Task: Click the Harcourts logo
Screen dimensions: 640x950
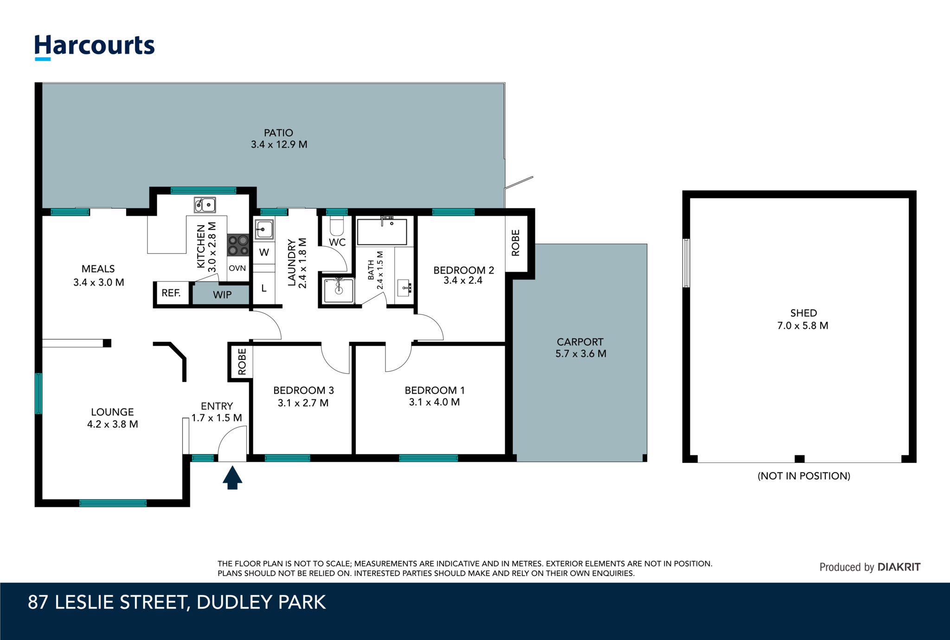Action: click(x=95, y=46)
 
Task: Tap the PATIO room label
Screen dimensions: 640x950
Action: click(x=278, y=133)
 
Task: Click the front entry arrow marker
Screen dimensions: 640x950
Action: click(x=232, y=478)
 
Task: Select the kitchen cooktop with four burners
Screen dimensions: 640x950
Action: click(x=238, y=245)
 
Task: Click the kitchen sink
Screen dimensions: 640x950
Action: click(x=205, y=205)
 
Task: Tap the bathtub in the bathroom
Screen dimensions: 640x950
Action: click(x=382, y=231)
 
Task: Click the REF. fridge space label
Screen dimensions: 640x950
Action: click(x=171, y=293)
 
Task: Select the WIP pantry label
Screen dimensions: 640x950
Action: click(x=222, y=295)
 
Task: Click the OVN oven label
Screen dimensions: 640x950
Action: click(x=237, y=268)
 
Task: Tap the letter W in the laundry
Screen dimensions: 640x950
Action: click(x=264, y=253)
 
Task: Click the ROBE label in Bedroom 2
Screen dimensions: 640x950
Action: click(x=516, y=243)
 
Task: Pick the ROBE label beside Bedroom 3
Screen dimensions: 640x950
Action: click(x=242, y=362)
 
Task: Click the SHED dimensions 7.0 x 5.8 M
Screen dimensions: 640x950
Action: click(x=802, y=326)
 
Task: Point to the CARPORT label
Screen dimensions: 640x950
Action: click(x=580, y=342)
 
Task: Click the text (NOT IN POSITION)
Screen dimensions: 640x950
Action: click(x=803, y=476)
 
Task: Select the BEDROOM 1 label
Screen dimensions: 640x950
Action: click(x=434, y=390)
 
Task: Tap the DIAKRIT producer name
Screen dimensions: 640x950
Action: click(x=899, y=567)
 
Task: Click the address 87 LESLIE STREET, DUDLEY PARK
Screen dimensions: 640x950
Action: click(x=177, y=602)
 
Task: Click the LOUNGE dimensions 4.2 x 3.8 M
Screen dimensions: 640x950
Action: click(x=112, y=424)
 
